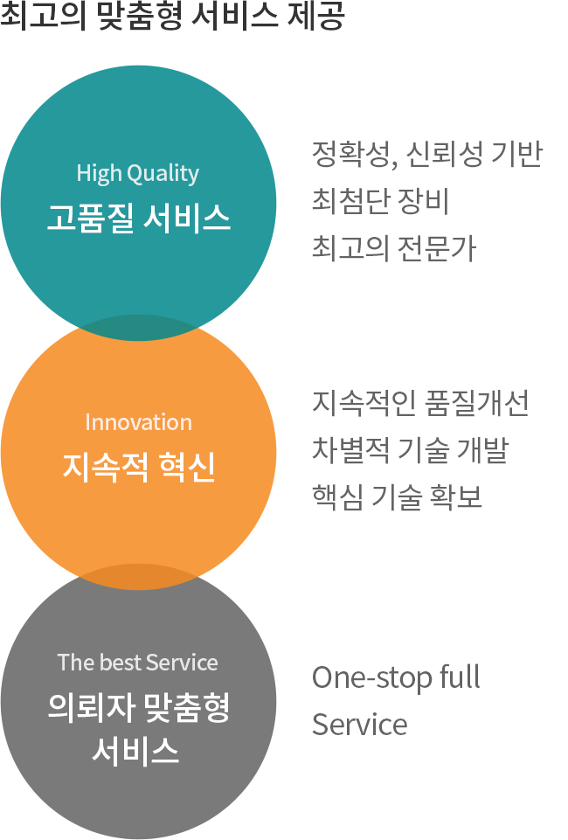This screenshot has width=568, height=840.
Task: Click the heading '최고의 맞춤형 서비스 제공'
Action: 172,16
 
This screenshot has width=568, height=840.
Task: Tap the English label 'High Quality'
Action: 137,174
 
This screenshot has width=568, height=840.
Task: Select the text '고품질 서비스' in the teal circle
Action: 139,218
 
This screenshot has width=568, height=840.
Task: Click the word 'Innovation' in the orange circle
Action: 138,422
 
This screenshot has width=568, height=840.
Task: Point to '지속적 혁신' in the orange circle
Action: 139,467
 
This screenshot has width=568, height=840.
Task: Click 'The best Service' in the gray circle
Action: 137,663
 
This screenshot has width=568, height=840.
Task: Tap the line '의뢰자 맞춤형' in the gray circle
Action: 139,706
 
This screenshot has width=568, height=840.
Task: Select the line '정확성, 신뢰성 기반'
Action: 427,155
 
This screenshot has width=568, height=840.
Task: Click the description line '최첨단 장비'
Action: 380,201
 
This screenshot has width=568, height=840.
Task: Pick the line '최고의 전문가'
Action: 394,248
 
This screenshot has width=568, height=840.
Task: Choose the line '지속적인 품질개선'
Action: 420,403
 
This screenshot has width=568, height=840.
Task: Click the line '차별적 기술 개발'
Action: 410,450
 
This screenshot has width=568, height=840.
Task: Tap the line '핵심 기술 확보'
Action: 397,497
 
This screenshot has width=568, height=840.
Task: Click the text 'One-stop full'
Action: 396,677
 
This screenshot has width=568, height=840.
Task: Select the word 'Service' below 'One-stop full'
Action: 360,725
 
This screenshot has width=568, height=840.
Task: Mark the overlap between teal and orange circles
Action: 139,328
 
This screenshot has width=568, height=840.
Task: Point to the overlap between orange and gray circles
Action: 139,577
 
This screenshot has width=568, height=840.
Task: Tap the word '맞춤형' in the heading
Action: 141,16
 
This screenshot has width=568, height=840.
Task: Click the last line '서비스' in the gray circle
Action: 135,749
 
